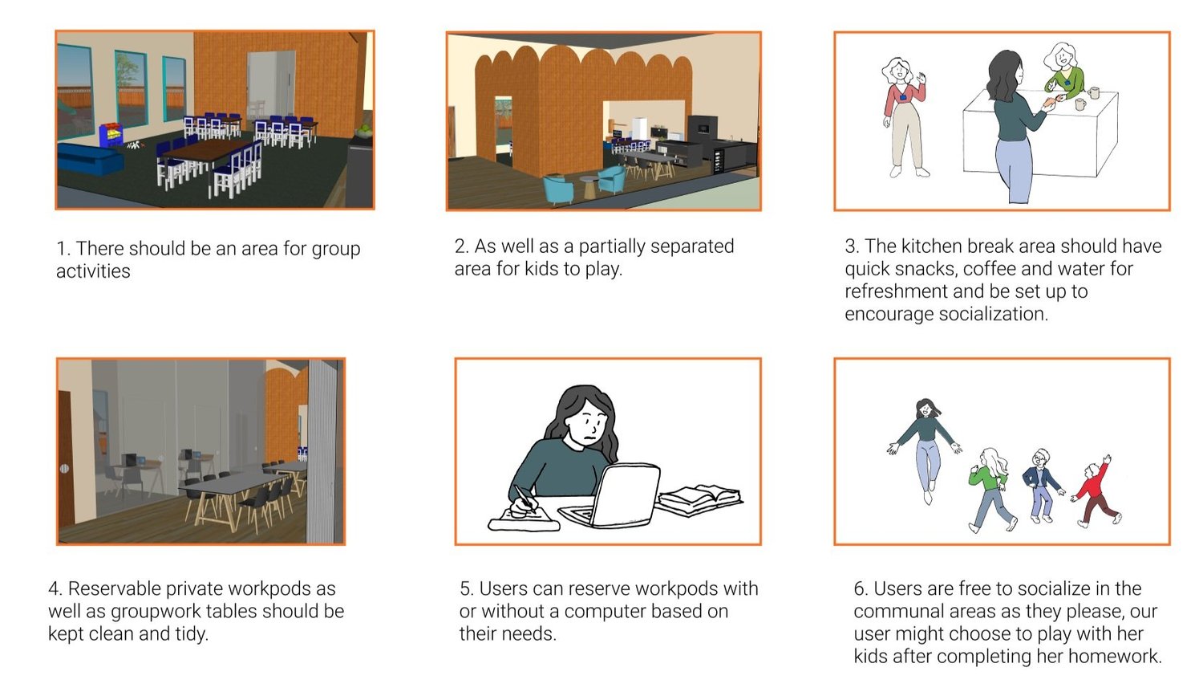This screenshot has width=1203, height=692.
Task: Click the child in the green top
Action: coord(990,489)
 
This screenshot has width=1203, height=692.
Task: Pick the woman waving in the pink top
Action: coord(905,117)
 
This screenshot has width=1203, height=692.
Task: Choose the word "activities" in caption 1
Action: coord(93,271)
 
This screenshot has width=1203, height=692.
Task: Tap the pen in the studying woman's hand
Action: coord(525,498)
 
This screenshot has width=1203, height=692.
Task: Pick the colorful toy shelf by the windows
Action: coord(111,135)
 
